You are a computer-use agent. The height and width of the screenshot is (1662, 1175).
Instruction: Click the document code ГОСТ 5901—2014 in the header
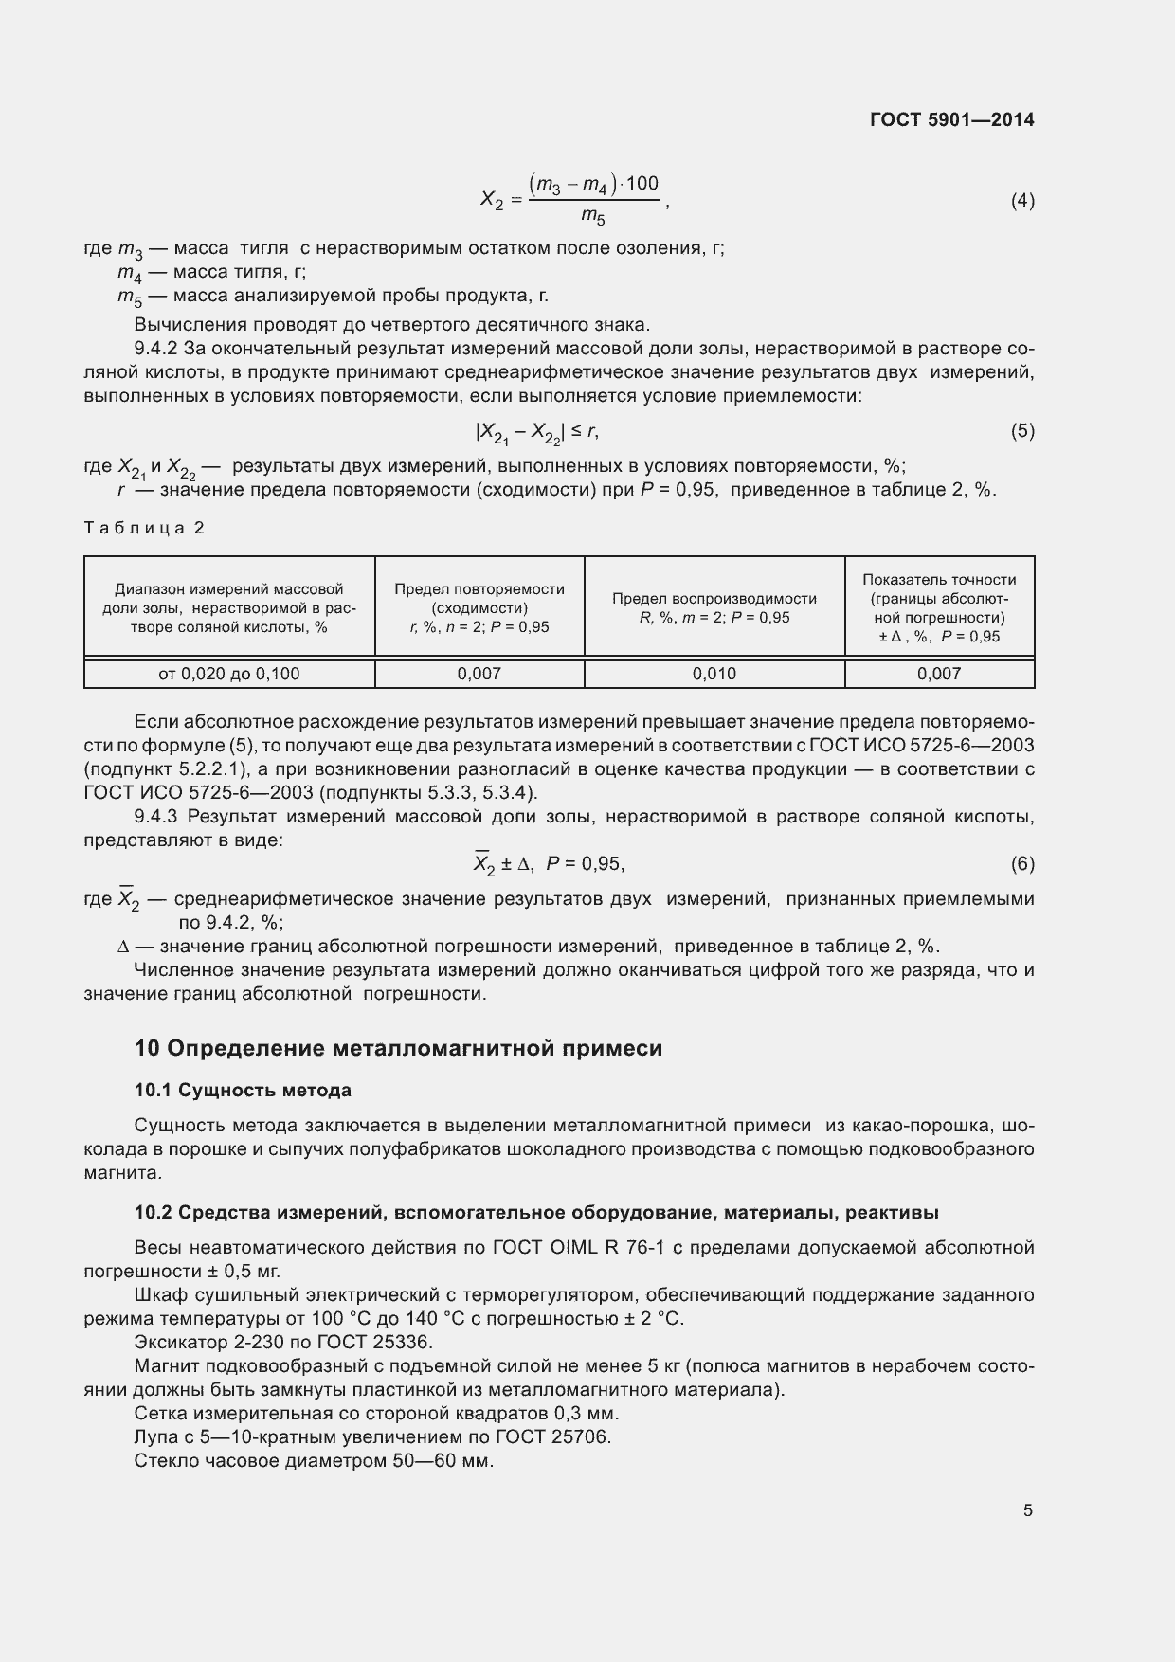[951, 120]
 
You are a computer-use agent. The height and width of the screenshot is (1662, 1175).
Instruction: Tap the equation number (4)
[1022, 201]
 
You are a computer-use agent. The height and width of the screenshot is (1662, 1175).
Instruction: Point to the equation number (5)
[1022, 431]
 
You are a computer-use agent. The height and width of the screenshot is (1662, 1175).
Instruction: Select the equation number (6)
[1022, 863]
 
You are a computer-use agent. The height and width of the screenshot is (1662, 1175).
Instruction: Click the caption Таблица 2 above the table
[144, 528]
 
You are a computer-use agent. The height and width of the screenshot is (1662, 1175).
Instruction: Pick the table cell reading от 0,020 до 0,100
[228, 674]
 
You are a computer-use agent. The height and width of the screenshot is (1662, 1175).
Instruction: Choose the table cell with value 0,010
[714, 674]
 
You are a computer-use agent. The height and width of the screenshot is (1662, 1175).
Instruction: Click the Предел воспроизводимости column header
[714, 607]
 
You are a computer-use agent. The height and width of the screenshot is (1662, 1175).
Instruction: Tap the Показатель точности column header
[939, 607]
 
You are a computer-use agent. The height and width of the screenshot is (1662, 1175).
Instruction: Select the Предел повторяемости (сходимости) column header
[479, 607]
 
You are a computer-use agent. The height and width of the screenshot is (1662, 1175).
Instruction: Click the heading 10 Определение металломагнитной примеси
[398, 1048]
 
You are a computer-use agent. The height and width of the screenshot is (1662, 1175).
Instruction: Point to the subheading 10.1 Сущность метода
[243, 1091]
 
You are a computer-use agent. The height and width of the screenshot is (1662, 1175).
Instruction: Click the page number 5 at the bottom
[1027, 1510]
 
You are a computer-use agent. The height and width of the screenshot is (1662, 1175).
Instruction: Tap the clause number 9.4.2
[157, 348]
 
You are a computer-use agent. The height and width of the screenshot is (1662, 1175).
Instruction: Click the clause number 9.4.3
[157, 817]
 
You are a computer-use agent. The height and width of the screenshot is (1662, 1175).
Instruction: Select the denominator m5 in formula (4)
[593, 218]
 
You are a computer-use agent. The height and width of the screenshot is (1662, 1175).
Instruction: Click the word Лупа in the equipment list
[154, 1436]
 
